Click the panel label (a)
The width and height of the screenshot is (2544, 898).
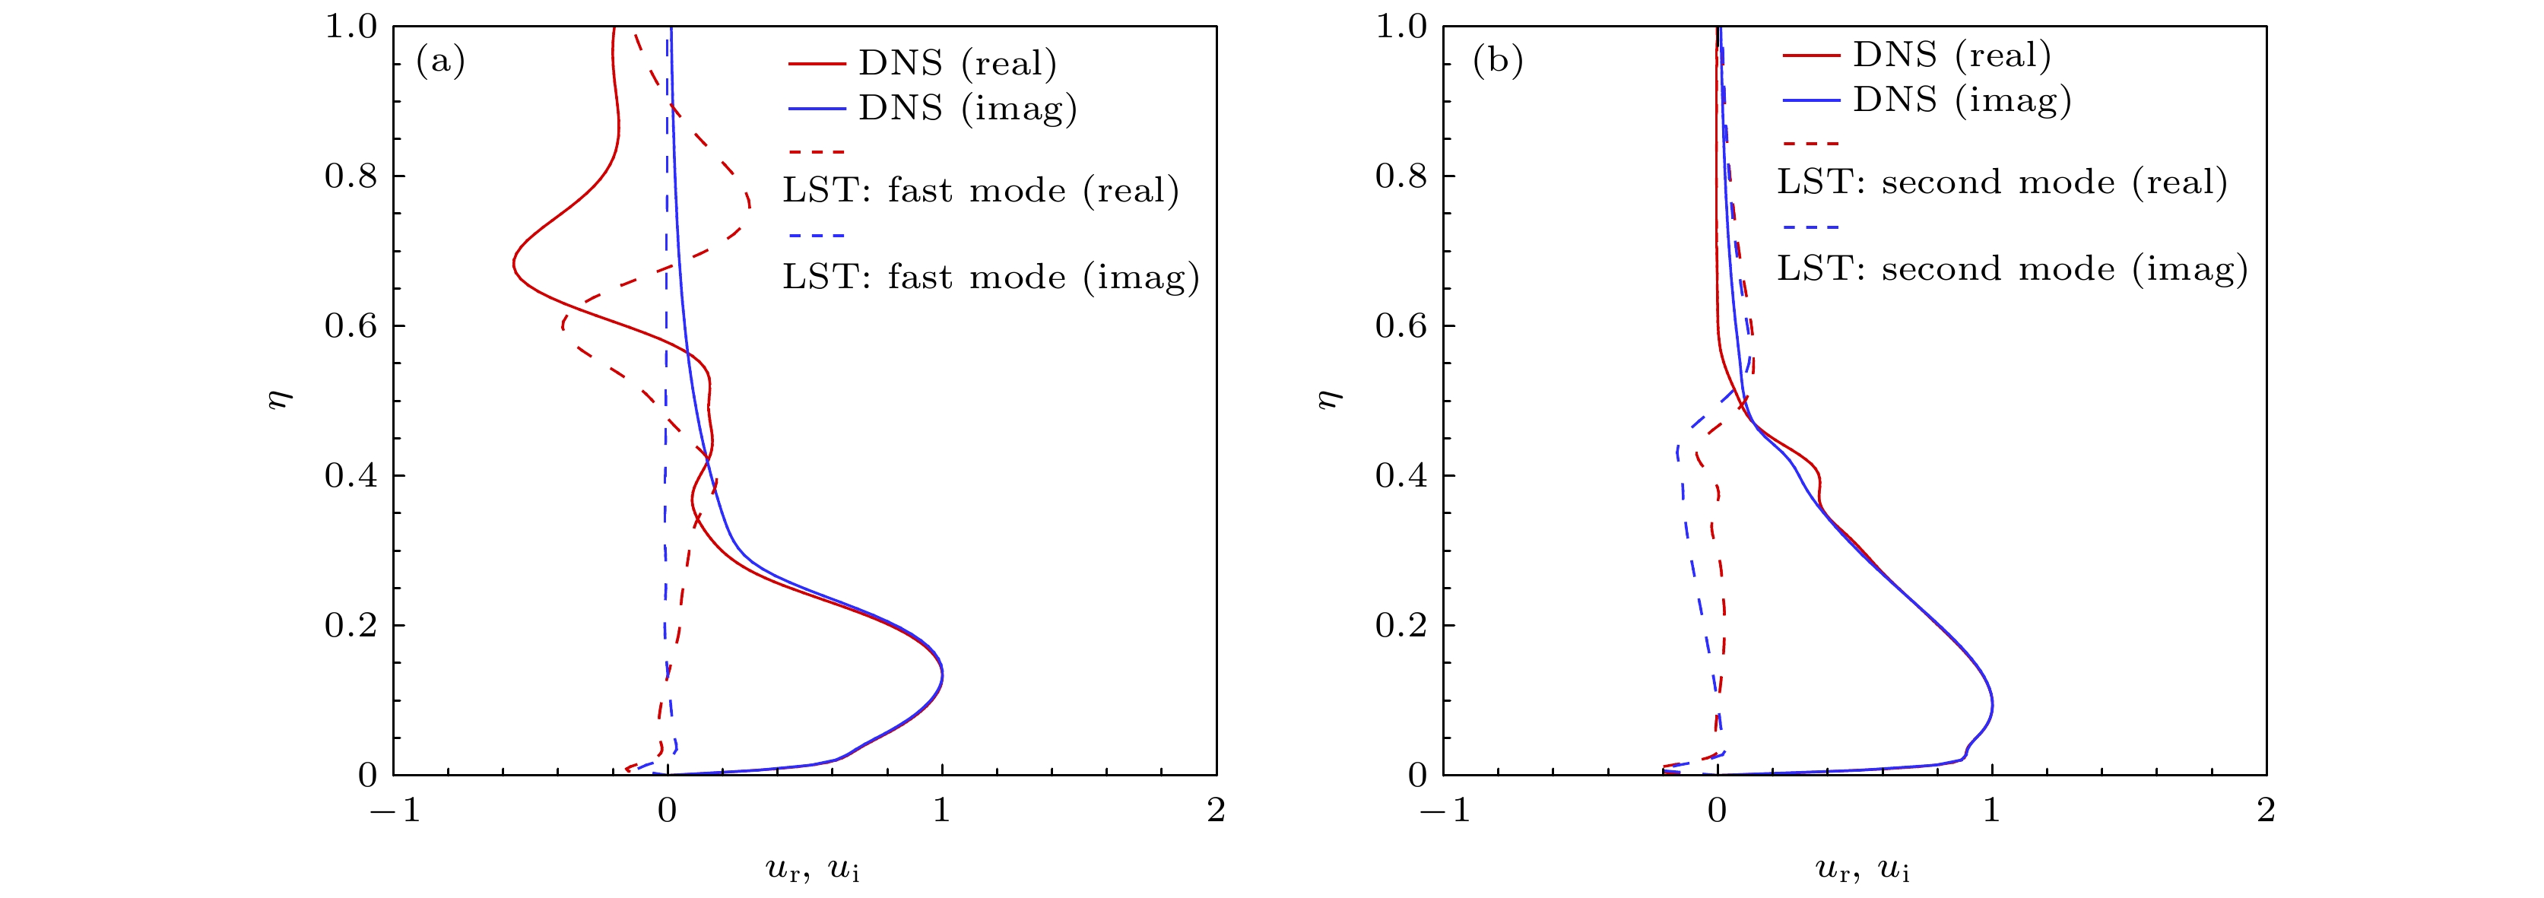439,62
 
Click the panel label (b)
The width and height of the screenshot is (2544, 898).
1497,62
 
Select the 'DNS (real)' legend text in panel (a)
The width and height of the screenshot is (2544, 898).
957,63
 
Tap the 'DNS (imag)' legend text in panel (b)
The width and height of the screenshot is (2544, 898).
1962,100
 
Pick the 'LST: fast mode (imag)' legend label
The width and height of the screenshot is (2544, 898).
991,277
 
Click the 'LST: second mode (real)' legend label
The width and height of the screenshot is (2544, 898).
2002,182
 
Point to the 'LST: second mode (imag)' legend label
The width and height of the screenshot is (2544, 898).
2012,268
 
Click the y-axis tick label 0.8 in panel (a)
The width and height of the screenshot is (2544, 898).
351,176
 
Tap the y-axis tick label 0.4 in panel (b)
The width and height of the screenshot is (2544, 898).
1401,475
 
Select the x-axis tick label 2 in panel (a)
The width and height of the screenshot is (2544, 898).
1216,810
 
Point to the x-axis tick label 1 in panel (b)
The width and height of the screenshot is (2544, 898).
1992,810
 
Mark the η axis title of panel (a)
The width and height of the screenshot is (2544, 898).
281,399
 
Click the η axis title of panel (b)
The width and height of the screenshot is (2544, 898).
1331,399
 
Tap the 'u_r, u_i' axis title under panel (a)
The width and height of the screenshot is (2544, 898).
812,869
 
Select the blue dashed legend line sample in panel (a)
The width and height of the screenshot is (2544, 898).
817,235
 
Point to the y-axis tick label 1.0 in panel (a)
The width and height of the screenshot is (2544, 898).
351,27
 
